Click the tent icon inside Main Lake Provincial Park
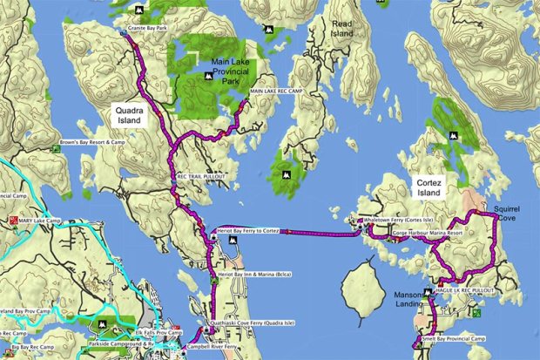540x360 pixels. point(208,77)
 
